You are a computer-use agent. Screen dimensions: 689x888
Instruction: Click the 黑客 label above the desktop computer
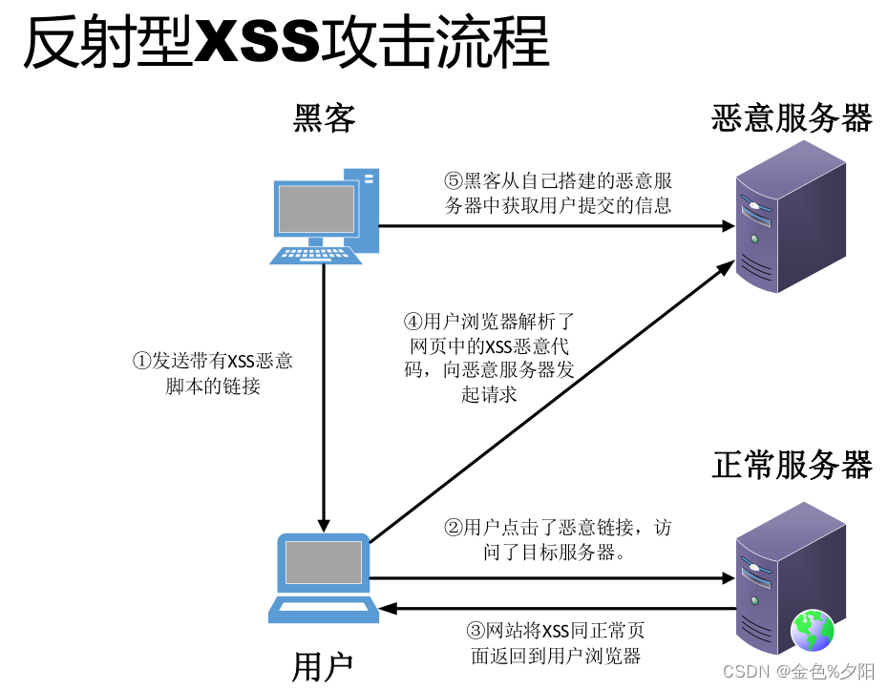click(x=325, y=118)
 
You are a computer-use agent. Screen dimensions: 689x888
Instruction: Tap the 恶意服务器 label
click(x=792, y=118)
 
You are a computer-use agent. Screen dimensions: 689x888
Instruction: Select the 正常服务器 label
click(x=792, y=465)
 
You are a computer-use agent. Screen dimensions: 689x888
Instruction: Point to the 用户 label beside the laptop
click(x=324, y=666)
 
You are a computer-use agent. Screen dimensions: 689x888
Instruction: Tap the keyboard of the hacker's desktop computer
click(x=316, y=254)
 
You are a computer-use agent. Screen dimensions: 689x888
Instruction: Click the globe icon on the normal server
click(x=812, y=631)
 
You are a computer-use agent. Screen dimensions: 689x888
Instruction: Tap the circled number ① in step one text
click(x=141, y=362)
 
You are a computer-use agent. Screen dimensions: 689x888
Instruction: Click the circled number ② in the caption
click(x=454, y=527)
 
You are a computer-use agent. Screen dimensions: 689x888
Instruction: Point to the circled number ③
click(x=476, y=631)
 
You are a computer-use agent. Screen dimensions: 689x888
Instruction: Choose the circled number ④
click(x=413, y=321)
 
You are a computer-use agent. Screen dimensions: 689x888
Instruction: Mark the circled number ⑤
click(x=454, y=181)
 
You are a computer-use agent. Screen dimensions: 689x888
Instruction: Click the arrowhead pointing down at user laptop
click(x=325, y=524)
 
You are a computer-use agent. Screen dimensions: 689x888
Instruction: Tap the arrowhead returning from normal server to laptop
click(x=387, y=608)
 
